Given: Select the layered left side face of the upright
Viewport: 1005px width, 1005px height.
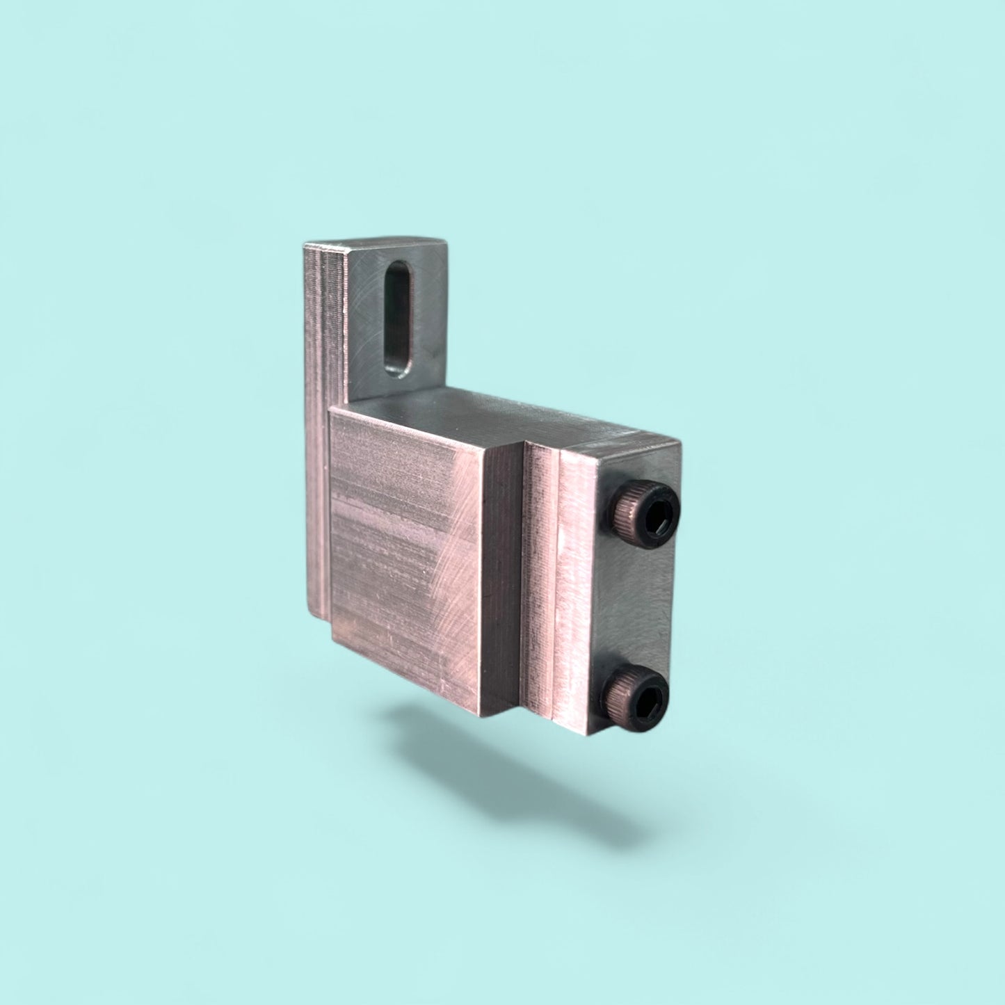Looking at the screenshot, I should (317, 417).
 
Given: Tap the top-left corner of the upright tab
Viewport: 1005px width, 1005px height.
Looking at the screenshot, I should (306, 244).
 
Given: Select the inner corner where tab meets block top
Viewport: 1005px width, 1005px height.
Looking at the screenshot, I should (354, 402).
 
